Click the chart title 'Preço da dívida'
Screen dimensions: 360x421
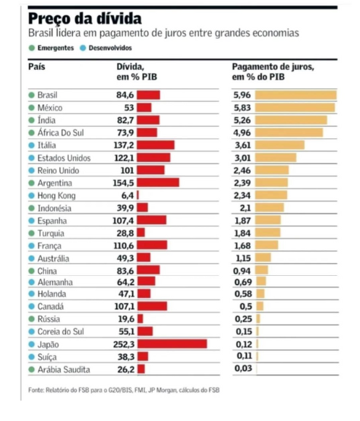tap(85, 19)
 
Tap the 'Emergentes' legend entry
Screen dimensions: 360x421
tap(51, 48)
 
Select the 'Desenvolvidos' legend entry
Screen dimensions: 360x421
tap(106, 48)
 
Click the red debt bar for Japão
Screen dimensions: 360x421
tap(172, 344)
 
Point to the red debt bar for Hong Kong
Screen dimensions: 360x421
tap(138, 195)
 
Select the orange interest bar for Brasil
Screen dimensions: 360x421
tap(295, 95)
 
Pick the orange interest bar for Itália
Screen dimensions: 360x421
tap(279, 145)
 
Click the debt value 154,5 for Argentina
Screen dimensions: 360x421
tap(123, 183)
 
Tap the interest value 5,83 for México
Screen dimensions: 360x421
tap(242, 108)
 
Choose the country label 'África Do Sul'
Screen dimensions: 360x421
tap(61, 133)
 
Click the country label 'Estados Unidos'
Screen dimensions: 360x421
tap(64, 158)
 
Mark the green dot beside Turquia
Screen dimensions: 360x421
tap(32, 233)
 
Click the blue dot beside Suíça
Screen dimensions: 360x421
tap(32, 357)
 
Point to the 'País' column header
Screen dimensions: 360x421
tap(36, 67)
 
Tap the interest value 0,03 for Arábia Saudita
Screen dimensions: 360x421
tap(243, 368)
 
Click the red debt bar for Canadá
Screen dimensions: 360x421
tap(153, 306)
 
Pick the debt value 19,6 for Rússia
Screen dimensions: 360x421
tap(126, 318)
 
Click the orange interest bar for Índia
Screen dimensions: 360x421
tap(291, 120)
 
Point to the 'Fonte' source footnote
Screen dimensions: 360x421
tap(124, 390)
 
